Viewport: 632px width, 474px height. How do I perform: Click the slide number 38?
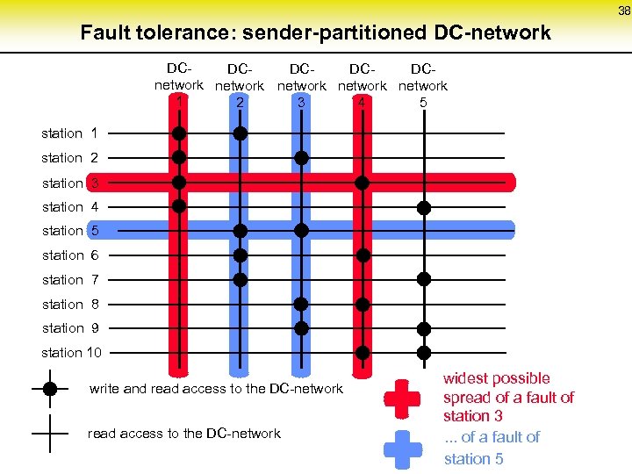pyautogui.click(x=624, y=11)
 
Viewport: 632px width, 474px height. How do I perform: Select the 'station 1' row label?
pyautogui.click(x=69, y=133)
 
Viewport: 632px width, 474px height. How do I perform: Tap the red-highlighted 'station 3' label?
pyautogui.click(x=69, y=183)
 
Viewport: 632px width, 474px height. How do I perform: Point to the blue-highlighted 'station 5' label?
pyautogui.click(x=70, y=231)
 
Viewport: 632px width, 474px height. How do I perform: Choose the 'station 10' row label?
pyautogui.click(x=72, y=352)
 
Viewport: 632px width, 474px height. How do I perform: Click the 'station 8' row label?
pyautogui.click(x=69, y=304)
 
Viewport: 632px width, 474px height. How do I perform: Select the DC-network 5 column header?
pyautogui.click(x=423, y=85)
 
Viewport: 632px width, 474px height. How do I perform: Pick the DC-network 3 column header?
pyautogui.click(x=301, y=85)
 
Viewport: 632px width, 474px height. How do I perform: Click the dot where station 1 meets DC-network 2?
pyautogui.click(x=240, y=133)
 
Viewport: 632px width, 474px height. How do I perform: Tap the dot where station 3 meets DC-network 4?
pyautogui.click(x=363, y=183)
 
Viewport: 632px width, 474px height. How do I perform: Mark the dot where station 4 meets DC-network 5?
pyautogui.click(x=424, y=207)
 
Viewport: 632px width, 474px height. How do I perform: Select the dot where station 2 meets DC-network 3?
pyautogui.click(x=301, y=158)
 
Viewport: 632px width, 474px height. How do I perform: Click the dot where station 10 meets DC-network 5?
pyautogui.click(x=424, y=352)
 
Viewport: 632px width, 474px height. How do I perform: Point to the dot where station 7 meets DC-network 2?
pyautogui.click(x=240, y=279)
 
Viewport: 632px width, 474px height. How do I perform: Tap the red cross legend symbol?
pyautogui.click(x=403, y=398)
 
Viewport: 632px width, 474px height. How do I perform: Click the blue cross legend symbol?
pyautogui.click(x=403, y=447)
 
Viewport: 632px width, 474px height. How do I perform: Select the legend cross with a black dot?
pyautogui.click(x=50, y=388)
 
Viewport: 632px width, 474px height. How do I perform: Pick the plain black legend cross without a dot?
pyautogui.click(x=50, y=433)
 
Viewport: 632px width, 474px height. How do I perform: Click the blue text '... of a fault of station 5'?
pyautogui.click(x=492, y=448)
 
